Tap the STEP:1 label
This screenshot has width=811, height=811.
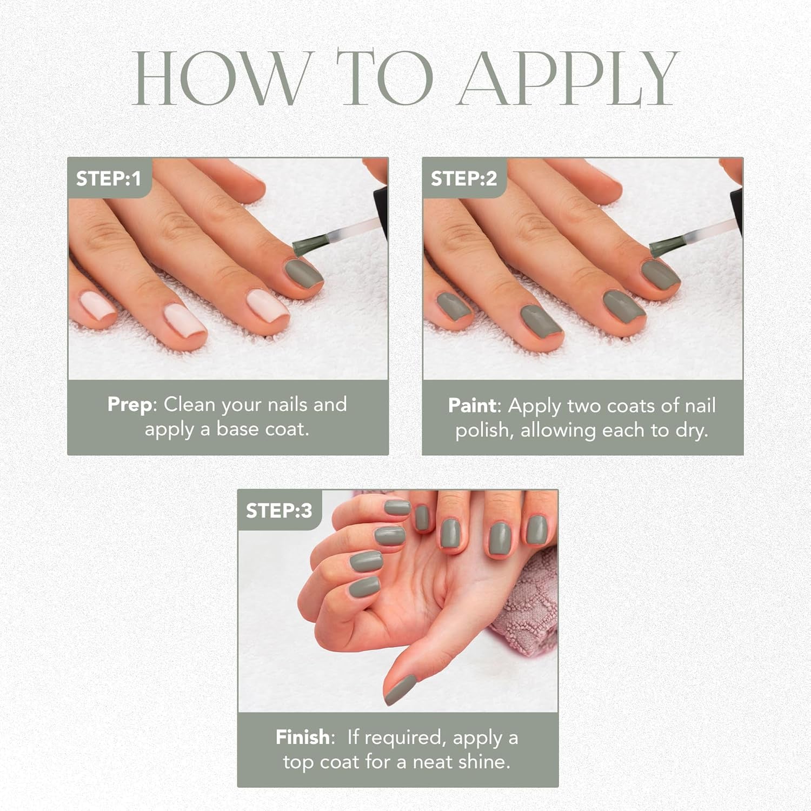(x=108, y=178)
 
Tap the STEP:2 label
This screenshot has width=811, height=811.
(x=463, y=178)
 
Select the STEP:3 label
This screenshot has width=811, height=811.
(x=279, y=511)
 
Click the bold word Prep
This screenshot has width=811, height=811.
(x=130, y=404)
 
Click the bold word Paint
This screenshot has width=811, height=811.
(x=472, y=405)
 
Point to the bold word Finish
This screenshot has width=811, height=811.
(x=302, y=737)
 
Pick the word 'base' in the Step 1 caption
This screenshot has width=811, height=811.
(x=233, y=429)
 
